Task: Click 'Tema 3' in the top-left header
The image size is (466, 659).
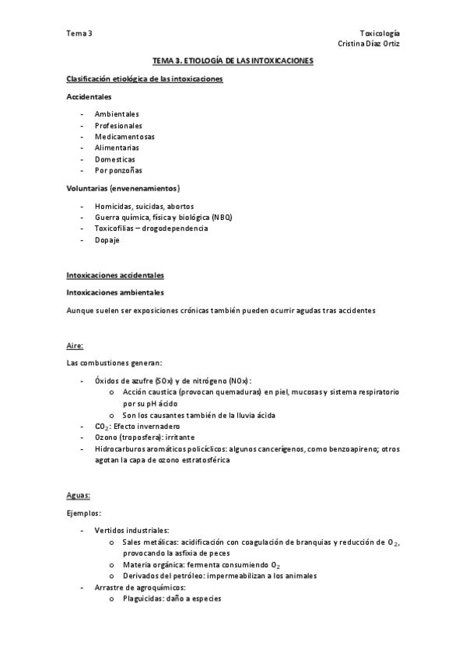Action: pos(79,33)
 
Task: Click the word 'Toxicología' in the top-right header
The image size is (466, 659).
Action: pos(380,33)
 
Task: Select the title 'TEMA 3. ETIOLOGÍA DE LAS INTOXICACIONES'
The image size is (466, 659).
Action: pos(233,60)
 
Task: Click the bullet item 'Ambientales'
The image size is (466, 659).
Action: pos(117,114)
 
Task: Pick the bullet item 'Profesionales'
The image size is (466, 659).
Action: pos(118,125)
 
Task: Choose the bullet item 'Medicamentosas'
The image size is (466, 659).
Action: pos(124,137)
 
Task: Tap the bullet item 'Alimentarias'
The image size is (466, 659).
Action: pos(117,148)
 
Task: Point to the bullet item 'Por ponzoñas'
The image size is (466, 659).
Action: pos(118,170)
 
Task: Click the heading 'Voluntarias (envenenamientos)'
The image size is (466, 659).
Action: pos(123,188)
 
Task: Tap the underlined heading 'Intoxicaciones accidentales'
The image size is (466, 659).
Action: pos(114,276)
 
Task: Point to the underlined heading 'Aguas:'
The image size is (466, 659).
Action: pos(79,495)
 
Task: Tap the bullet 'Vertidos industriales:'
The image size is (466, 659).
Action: pos(131,530)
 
